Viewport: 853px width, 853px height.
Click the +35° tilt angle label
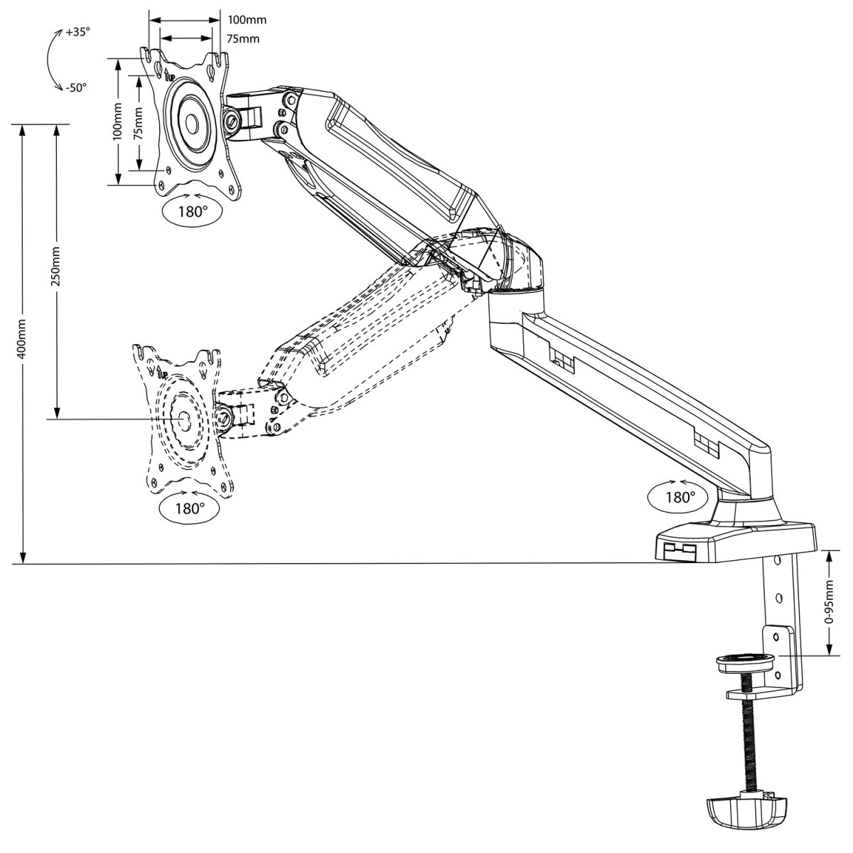point(77,33)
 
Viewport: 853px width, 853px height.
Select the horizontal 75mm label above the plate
point(242,38)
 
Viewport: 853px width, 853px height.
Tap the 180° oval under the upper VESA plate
point(191,211)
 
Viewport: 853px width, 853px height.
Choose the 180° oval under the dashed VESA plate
point(190,508)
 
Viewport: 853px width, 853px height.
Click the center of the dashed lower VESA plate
point(183,419)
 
